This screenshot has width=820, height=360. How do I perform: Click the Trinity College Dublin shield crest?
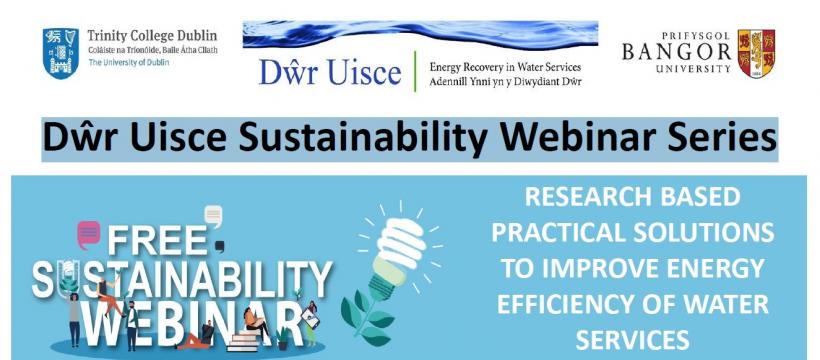point(60,53)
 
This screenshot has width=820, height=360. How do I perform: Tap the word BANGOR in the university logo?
point(676,52)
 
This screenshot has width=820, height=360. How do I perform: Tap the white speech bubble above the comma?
point(212,214)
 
